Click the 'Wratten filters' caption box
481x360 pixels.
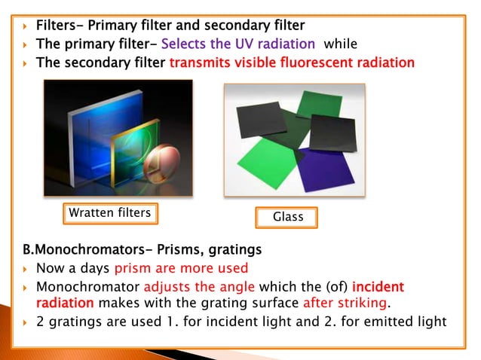[109, 214]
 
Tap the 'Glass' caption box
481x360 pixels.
[287, 218]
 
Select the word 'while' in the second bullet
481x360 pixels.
[341, 44]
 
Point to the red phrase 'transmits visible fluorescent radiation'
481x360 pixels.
[292, 62]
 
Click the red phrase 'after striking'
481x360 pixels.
[347, 303]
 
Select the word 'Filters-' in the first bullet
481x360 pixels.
[61, 26]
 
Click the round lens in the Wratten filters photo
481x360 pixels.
[160, 165]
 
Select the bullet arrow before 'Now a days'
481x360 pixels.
[26, 269]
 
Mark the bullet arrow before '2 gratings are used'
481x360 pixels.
[26, 322]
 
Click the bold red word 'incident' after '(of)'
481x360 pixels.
[378, 287]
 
